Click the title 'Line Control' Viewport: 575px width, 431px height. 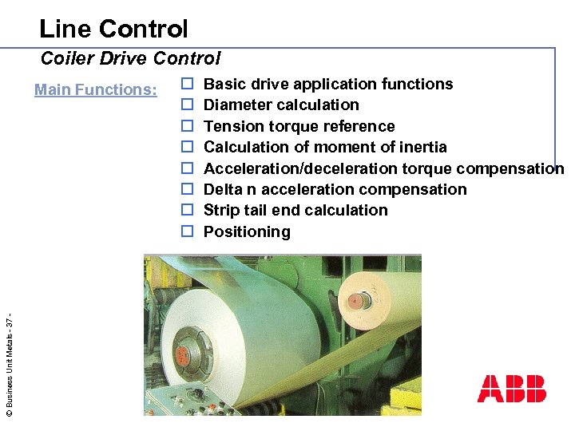(x=113, y=30)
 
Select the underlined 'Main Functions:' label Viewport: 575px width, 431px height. (x=96, y=89)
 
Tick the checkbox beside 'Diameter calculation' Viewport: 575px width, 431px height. (x=187, y=105)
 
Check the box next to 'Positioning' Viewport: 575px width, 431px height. (x=187, y=232)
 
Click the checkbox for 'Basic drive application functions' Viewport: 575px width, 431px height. (x=187, y=84)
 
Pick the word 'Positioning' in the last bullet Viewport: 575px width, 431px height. (x=247, y=232)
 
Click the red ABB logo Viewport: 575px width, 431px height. (x=512, y=389)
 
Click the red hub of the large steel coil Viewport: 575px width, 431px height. (x=188, y=356)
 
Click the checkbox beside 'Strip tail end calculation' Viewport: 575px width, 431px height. (x=187, y=211)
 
